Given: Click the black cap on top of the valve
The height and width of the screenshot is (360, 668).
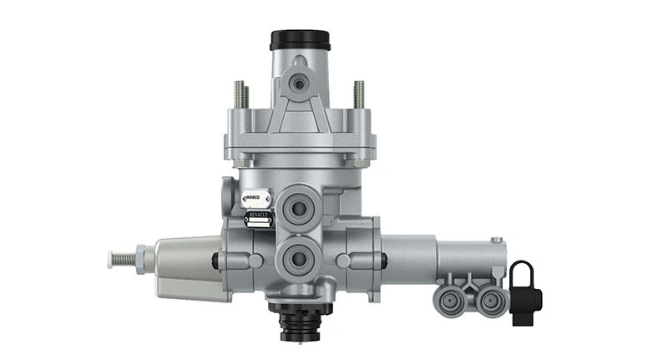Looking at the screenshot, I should point(300,39).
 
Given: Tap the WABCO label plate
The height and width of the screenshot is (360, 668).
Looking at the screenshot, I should point(256,199).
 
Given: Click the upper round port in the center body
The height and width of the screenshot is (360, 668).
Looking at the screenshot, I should point(299,208).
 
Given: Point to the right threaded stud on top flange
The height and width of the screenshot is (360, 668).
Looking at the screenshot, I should point(359,94).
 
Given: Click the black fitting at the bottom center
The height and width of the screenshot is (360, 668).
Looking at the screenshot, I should point(300,322).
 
